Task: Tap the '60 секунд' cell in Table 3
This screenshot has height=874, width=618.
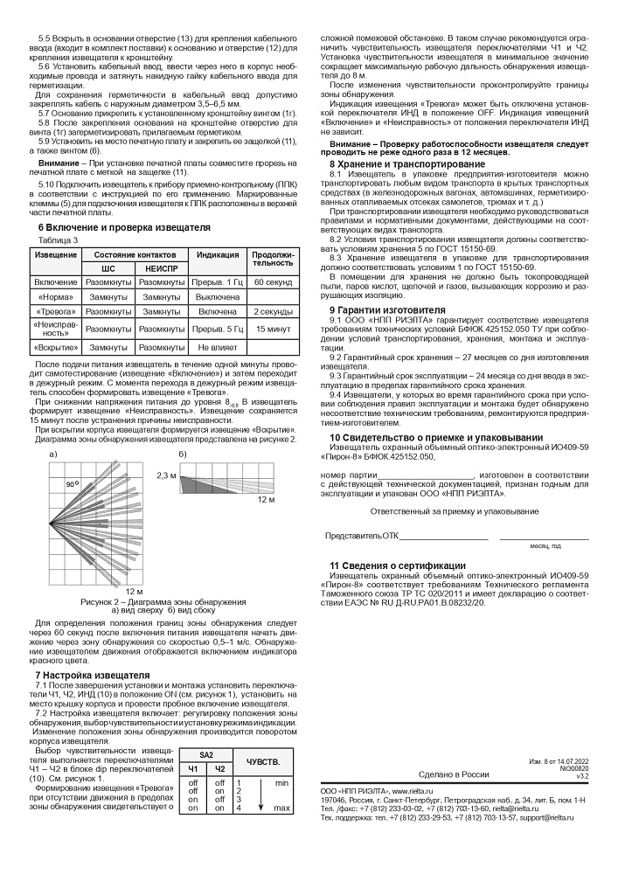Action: coord(273,283)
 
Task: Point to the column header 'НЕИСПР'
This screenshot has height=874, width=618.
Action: coord(161,268)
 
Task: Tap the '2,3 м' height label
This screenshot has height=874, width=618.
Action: coord(166,475)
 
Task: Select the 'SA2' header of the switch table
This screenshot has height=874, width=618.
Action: coord(206,754)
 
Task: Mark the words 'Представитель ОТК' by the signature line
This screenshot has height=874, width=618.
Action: coord(361,535)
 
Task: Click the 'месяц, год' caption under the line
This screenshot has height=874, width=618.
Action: coord(545,545)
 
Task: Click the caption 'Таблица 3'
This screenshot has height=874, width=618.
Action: coord(59,239)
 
